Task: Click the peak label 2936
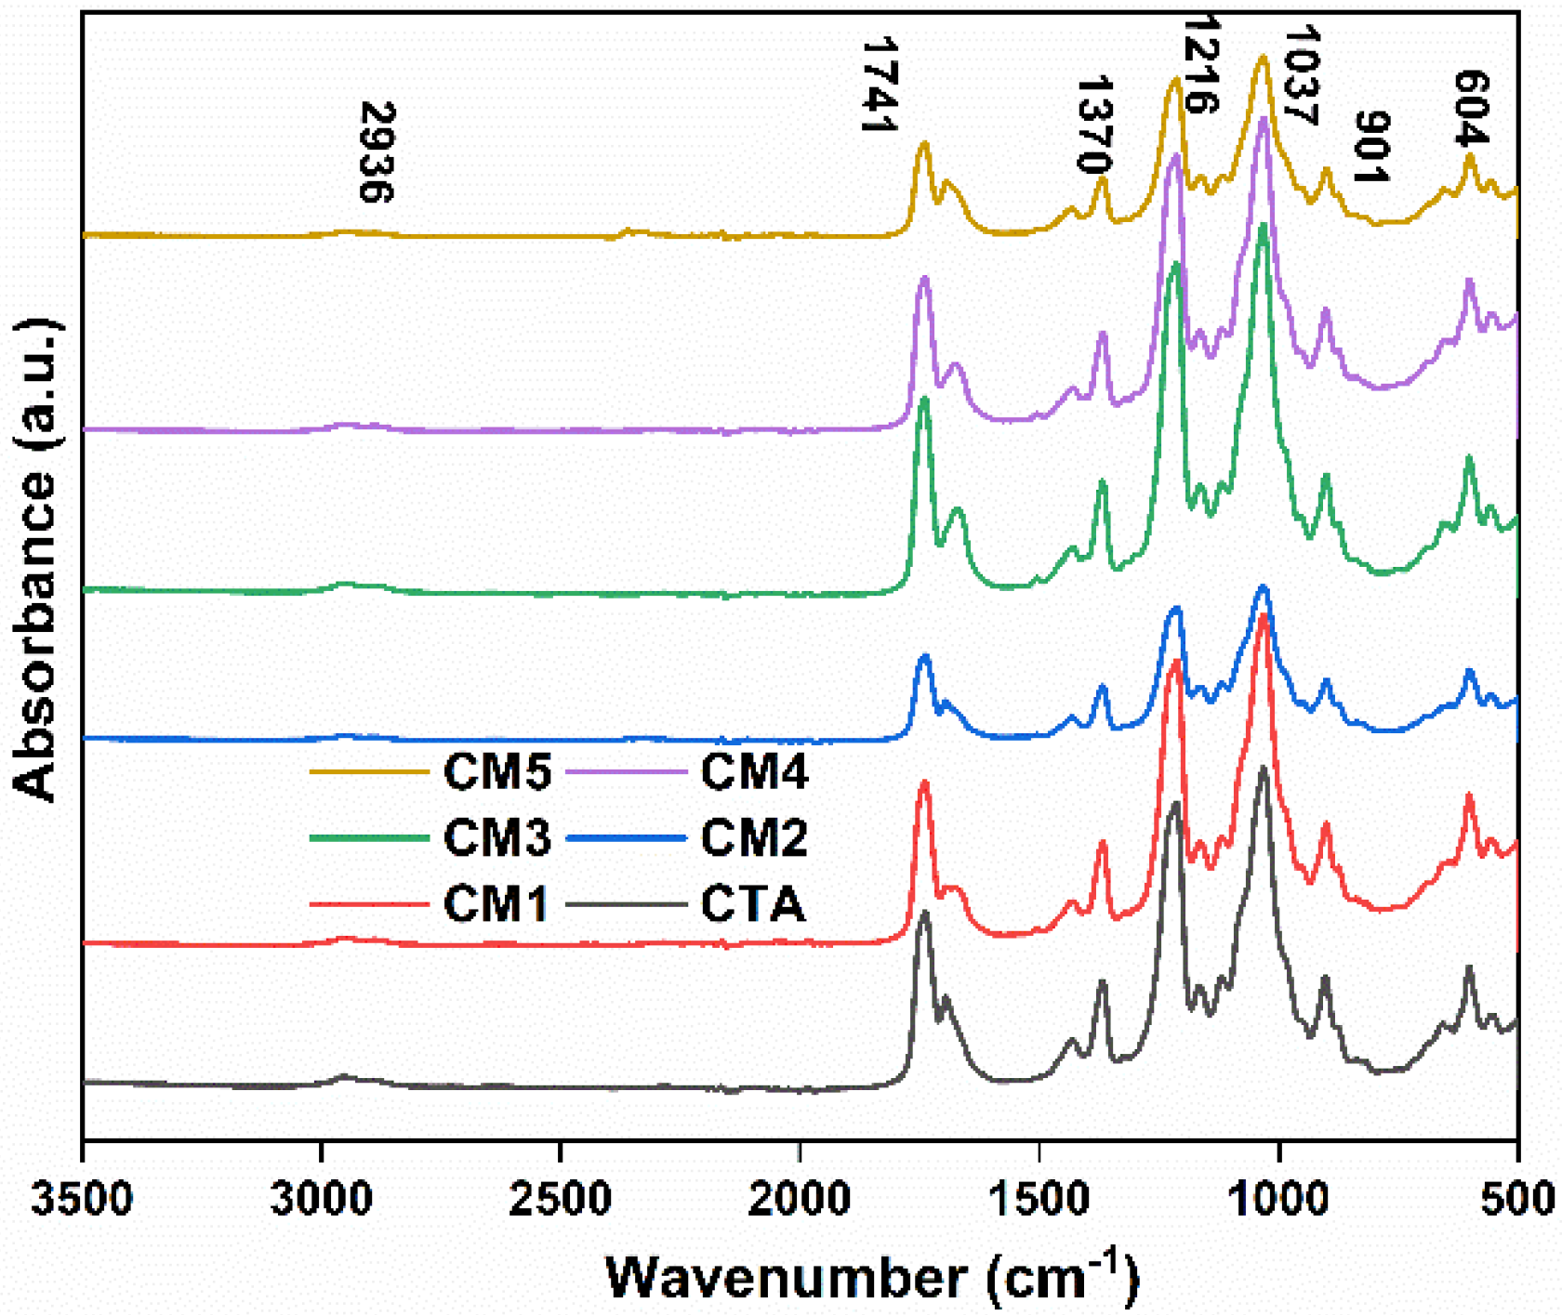[x=377, y=151]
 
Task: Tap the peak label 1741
[x=879, y=84]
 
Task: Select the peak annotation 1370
[x=1093, y=125]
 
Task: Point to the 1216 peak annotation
[x=1200, y=63]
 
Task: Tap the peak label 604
[x=1471, y=108]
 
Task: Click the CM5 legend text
[x=496, y=771]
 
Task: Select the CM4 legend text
[x=754, y=771]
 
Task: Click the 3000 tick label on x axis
[x=322, y=1198]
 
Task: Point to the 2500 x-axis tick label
[x=561, y=1198]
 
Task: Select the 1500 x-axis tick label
[x=1039, y=1198]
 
